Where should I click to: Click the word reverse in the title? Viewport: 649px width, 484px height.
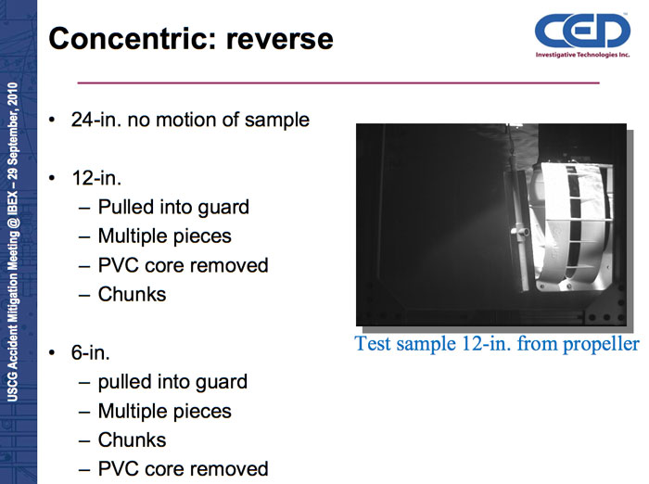coord(279,40)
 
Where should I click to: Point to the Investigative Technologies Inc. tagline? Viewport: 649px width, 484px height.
coord(582,55)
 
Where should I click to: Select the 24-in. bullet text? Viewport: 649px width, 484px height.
coord(190,120)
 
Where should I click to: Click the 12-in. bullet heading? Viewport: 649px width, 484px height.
coord(96,178)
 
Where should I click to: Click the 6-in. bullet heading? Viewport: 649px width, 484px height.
coord(91,352)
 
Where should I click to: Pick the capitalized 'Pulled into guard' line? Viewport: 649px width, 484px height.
coord(173,208)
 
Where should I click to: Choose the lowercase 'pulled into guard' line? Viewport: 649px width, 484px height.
coord(172,382)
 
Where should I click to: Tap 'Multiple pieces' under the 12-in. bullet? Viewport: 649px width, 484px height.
coord(165,236)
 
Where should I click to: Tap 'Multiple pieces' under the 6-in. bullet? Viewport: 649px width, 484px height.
coord(165,411)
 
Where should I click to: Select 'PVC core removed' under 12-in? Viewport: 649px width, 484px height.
coord(183,265)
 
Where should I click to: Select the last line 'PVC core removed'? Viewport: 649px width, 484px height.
coord(183,469)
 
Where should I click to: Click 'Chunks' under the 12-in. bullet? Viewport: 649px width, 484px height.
coord(132,294)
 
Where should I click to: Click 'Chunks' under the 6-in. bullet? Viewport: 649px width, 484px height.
coord(132,440)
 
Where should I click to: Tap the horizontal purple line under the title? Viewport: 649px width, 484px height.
coord(338,83)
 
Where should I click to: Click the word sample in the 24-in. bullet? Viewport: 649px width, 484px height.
coord(277,121)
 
